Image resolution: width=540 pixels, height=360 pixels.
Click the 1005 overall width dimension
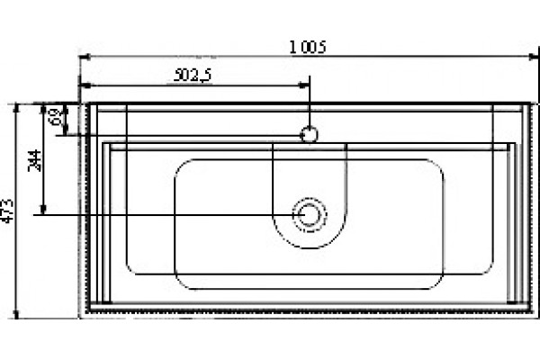click(x=308, y=47)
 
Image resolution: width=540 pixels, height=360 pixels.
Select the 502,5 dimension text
click(x=193, y=76)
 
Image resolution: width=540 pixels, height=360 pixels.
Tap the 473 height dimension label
click(x=7, y=211)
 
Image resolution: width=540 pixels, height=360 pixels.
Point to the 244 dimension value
click(x=34, y=160)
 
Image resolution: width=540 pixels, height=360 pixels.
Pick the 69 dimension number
click(x=58, y=117)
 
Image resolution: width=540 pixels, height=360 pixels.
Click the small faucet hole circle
click(x=309, y=134)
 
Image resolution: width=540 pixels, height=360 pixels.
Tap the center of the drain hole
click(x=310, y=215)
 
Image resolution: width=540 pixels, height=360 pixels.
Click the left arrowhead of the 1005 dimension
click(x=85, y=57)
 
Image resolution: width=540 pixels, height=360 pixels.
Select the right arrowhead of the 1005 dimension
click(x=534, y=57)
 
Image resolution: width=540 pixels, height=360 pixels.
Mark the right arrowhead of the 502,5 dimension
click(x=304, y=85)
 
